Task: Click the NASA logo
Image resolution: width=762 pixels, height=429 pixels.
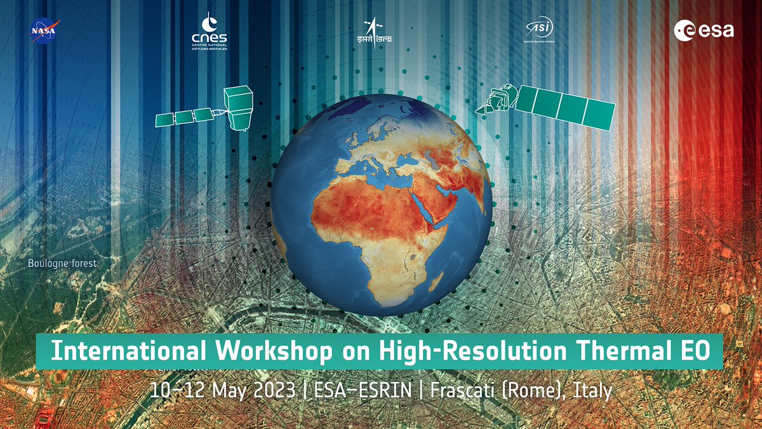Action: (x=44, y=31)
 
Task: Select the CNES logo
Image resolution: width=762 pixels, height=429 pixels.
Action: (x=209, y=31)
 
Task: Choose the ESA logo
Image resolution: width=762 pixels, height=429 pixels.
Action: (x=704, y=29)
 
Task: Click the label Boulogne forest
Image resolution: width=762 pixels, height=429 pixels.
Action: (x=62, y=263)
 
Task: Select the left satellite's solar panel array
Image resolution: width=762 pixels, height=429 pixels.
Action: (x=185, y=116)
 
